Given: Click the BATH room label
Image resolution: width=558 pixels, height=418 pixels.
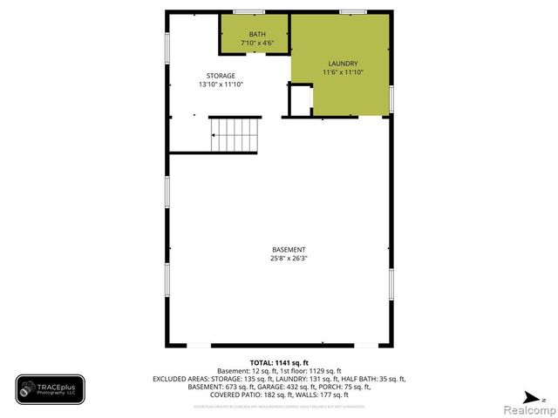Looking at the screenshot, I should (257, 35).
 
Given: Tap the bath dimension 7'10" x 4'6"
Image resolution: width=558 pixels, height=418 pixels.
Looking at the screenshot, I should (257, 43).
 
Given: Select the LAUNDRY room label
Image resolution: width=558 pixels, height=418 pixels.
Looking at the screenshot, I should (342, 64).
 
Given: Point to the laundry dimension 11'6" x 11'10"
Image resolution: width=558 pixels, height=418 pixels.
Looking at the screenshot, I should (342, 72).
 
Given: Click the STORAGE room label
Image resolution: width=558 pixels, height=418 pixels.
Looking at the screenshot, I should (221, 76).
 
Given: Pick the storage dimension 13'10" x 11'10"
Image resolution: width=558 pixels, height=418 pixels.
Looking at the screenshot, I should (221, 84).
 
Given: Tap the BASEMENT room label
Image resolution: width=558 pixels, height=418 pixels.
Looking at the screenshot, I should (288, 250).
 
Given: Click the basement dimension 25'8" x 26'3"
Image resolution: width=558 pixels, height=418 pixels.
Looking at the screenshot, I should (288, 259).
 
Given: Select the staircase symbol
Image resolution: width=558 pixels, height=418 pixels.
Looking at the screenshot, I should (235, 135).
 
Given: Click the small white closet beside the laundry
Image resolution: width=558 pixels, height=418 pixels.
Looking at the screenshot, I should (300, 99).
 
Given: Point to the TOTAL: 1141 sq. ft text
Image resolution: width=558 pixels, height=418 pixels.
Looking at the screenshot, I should (279, 362).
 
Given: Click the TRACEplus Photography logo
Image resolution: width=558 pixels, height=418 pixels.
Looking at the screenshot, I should (50, 389).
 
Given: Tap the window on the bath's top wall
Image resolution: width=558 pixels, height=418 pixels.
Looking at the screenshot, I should (248, 11).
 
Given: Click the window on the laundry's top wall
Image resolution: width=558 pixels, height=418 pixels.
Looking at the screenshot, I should (352, 11).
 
